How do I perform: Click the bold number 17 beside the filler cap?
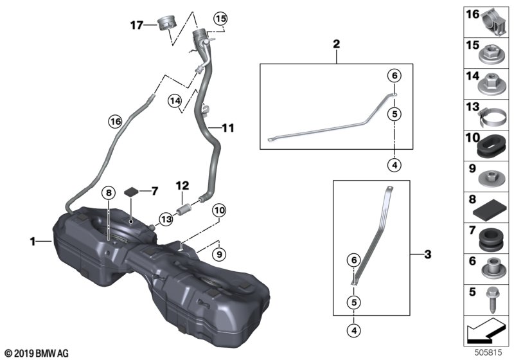[x=137, y=25]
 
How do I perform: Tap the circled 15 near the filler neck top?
[x=220, y=19]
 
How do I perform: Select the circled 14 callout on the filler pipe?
[x=175, y=100]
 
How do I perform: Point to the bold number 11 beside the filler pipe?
[x=228, y=128]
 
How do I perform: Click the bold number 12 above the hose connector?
[x=182, y=186]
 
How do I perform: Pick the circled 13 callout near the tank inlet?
[x=166, y=219]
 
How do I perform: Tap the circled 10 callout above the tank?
[x=219, y=210]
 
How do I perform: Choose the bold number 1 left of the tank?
[x=33, y=242]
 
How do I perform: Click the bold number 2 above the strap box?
[x=336, y=44]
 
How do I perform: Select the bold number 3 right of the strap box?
[x=428, y=254]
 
